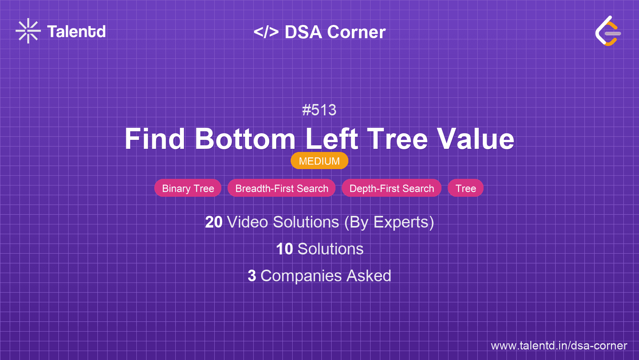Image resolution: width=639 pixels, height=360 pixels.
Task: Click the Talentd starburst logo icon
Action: (x=28, y=31)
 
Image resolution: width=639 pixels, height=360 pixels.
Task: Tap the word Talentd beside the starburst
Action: (x=76, y=32)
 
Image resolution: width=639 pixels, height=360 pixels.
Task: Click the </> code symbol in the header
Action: (x=266, y=32)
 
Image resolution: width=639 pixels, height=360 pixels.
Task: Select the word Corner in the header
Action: (x=356, y=32)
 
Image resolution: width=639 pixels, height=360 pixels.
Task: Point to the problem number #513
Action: (x=319, y=110)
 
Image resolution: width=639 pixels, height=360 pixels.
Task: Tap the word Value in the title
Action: (x=475, y=139)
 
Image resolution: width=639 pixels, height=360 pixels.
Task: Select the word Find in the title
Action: (x=155, y=139)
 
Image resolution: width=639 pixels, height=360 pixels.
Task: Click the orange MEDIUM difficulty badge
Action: (x=319, y=161)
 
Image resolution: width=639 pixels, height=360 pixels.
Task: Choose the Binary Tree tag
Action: (x=188, y=188)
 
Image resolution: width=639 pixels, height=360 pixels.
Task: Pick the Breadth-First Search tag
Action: (x=282, y=188)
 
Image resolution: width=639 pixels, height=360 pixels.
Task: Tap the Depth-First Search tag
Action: (x=392, y=188)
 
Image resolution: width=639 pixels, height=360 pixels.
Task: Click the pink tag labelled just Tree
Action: (x=466, y=188)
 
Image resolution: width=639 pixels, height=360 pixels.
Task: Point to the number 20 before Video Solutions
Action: (x=214, y=222)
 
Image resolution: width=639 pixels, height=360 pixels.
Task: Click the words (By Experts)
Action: (x=389, y=222)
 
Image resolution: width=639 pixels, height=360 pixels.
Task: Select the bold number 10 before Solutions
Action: (x=284, y=249)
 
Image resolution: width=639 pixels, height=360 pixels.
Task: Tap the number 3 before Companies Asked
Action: (x=252, y=276)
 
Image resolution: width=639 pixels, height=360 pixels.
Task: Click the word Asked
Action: (x=369, y=276)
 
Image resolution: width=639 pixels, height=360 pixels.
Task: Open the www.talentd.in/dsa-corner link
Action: (x=559, y=346)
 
